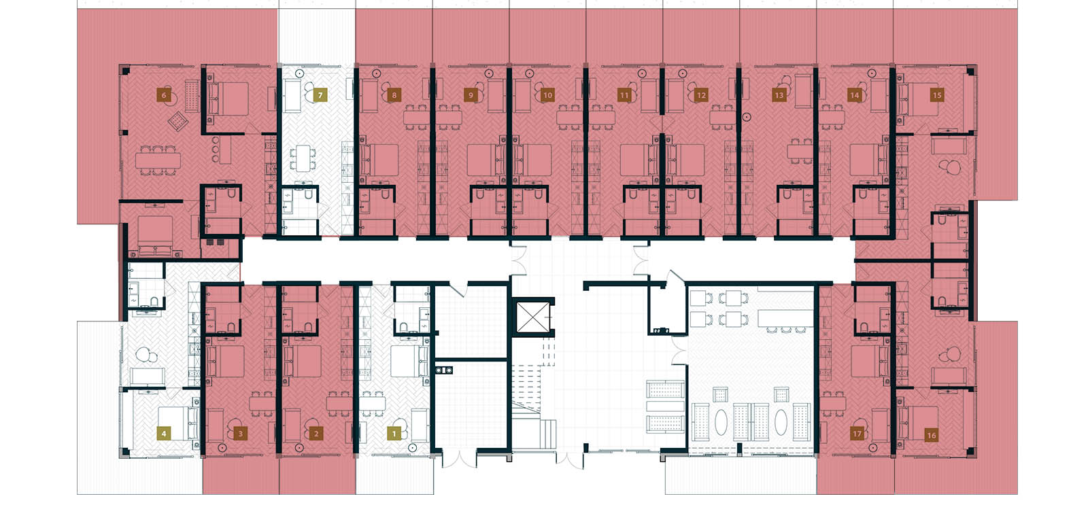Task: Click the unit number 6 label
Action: [163, 96]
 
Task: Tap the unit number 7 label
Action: [320, 96]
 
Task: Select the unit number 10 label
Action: [548, 96]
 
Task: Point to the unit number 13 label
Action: [779, 96]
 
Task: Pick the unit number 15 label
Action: [937, 95]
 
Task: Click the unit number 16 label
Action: [931, 436]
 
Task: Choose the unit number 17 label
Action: [857, 434]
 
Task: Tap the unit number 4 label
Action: [163, 433]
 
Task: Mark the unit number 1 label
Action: [394, 433]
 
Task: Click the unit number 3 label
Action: [239, 433]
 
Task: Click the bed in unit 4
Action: [173, 421]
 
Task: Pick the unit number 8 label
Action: [394, 96]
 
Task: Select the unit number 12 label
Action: [701, 96]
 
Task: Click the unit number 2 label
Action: [316, 433]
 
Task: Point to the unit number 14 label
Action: [855, 96]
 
